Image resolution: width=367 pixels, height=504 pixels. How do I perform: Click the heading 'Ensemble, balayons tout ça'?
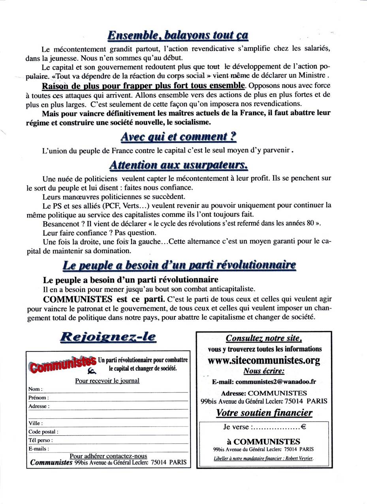(x=178, y=35)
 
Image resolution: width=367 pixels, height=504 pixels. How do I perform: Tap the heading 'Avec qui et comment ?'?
(x=178, y=137)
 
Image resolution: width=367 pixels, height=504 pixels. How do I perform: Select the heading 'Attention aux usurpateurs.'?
(x=178, y=164)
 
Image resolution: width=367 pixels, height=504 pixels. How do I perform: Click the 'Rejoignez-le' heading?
(x=108, y=337)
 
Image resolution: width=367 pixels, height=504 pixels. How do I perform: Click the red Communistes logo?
(x=62, y=363)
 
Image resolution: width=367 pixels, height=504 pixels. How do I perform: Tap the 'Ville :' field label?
(x=36, y=423)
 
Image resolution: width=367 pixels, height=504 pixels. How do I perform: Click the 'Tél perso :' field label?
(x=40, y=440)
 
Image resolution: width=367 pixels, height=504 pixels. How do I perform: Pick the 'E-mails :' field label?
(x=39, y=449)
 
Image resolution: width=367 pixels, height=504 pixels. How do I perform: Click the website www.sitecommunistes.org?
(x=264, y=360)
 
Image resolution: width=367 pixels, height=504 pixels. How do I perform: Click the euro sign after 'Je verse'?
(x=304, y=427)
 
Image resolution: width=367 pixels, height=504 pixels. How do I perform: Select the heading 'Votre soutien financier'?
(x=264, y=413)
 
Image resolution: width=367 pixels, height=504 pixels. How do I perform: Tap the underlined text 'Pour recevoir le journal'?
(x=107, y=381)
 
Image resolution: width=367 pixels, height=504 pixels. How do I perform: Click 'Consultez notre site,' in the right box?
(x=264, y=338)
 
